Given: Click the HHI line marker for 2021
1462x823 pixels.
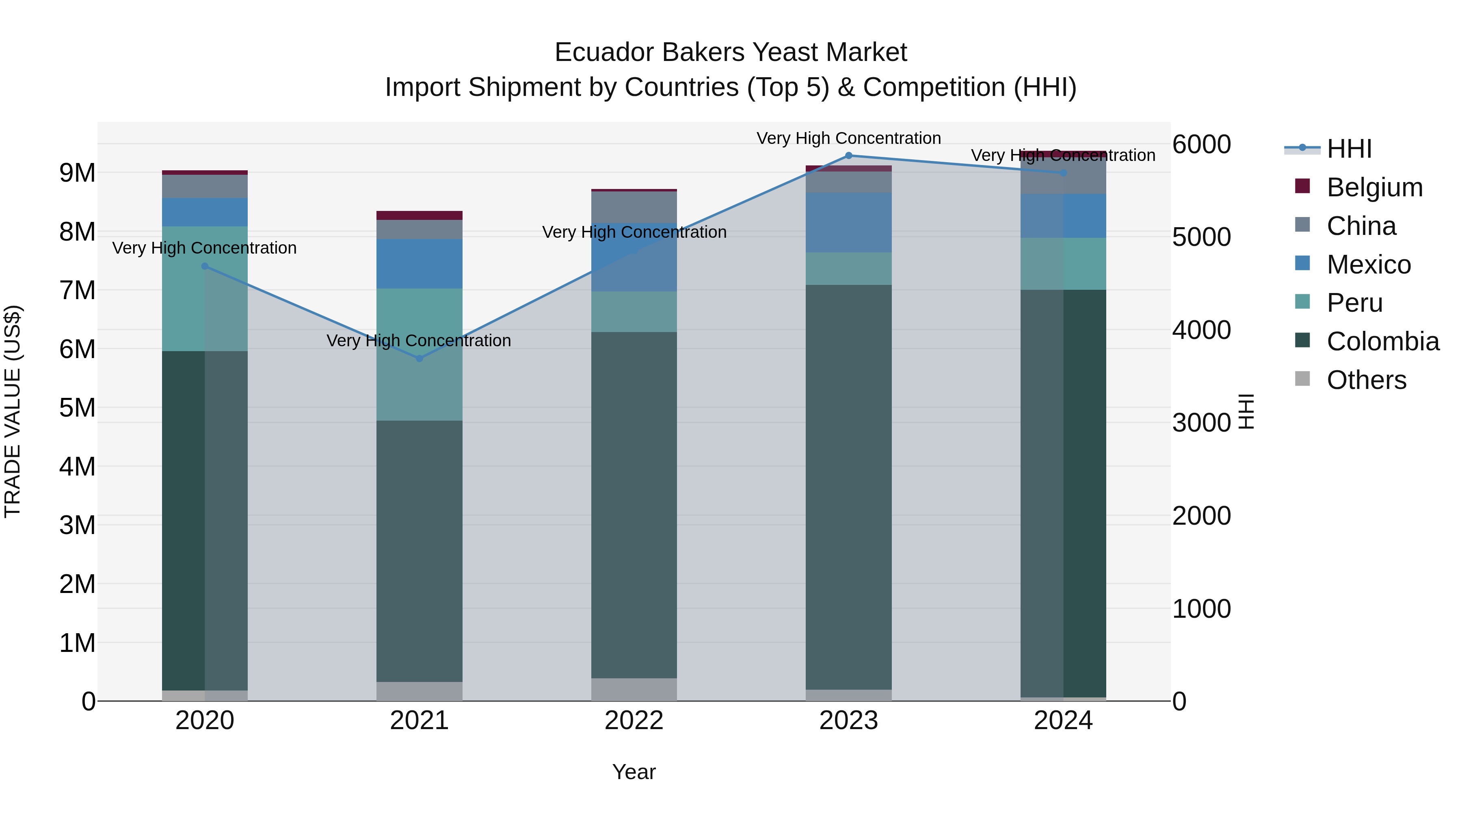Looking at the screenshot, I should (x=420, y=358).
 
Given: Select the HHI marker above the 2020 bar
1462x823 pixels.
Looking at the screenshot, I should (x=205, y=266).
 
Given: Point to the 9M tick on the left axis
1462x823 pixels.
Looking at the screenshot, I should (x=77, y=173).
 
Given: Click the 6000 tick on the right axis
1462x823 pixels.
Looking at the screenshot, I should (x=1202, y=144).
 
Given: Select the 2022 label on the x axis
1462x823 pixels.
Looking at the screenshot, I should (x=634, y=721).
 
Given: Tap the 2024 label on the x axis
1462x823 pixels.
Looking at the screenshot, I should (x=1063, y=721).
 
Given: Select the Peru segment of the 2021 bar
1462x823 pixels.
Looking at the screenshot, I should (x=420, y=354).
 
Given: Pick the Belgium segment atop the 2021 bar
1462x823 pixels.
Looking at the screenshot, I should (x=420, y=215).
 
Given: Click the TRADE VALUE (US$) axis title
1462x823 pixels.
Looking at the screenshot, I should (x=13, y=411).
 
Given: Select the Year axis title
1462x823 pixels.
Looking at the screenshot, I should (x=634, y=772).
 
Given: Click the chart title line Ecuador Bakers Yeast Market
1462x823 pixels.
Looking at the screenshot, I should (x=731, y=52).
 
